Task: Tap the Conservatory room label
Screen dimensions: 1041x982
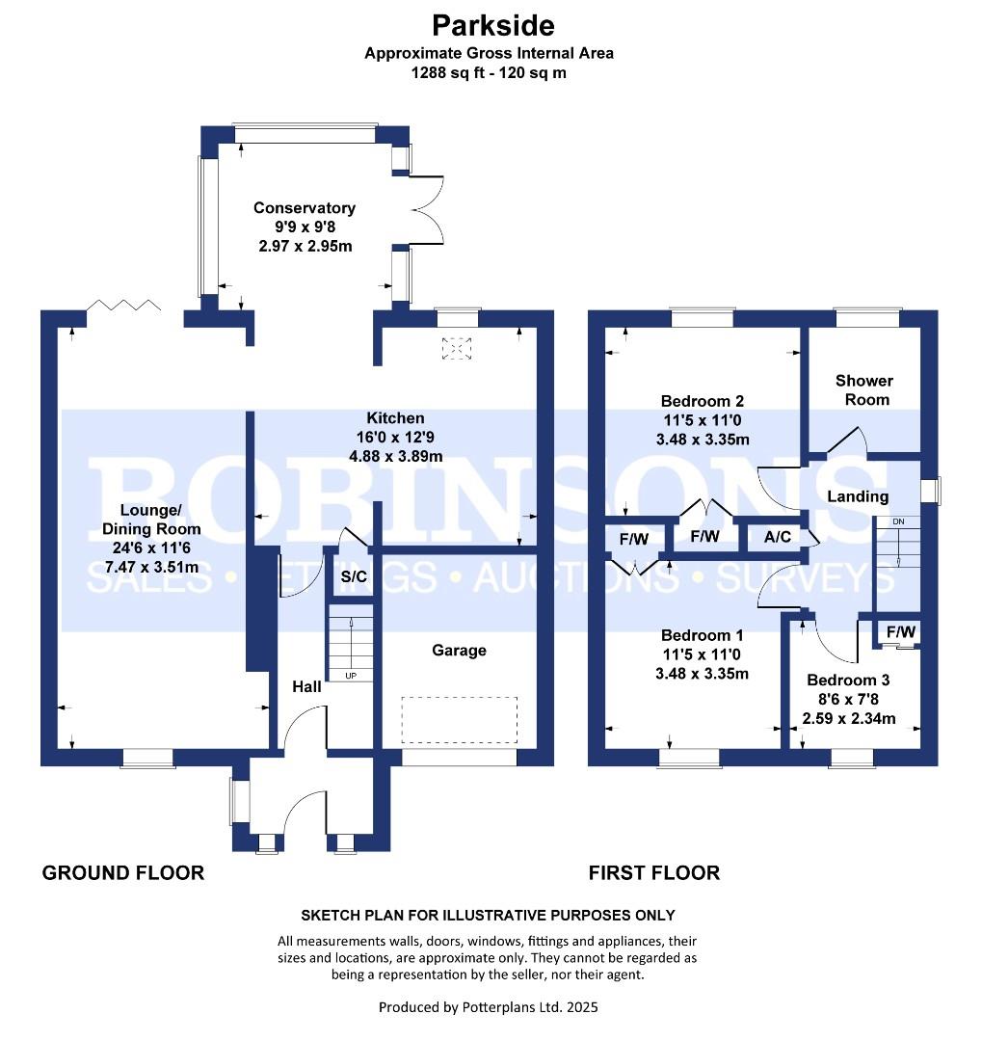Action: (x=304, y=208)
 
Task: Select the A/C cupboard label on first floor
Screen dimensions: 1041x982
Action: (x=778, y=537)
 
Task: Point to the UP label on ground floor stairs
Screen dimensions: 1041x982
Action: (x=351, y=676)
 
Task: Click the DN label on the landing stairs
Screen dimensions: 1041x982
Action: (x=898, y=521)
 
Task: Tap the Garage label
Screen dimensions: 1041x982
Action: (x=459, y=651)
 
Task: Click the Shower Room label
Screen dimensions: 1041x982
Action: (x=863, y=390)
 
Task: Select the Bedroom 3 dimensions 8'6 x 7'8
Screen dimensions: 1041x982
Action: (x=849, y=699)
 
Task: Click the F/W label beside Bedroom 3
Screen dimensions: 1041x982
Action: (x=901, y=632)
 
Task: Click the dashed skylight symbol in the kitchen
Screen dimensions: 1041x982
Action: (x=452, y=348)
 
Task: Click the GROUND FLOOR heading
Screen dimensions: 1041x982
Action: (x=123, y=873)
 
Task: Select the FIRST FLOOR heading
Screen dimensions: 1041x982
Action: (x=654, y=873)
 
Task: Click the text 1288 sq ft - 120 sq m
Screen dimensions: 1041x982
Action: (x=489, y=72)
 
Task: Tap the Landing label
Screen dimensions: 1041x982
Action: (x=858, y=496)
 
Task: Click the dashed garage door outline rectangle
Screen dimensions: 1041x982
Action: (x=460, y=720)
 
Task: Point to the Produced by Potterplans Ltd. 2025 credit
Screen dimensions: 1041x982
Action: (x=489, y=1007)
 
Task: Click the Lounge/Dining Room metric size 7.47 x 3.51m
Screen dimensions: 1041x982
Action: (x=152, y=567)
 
